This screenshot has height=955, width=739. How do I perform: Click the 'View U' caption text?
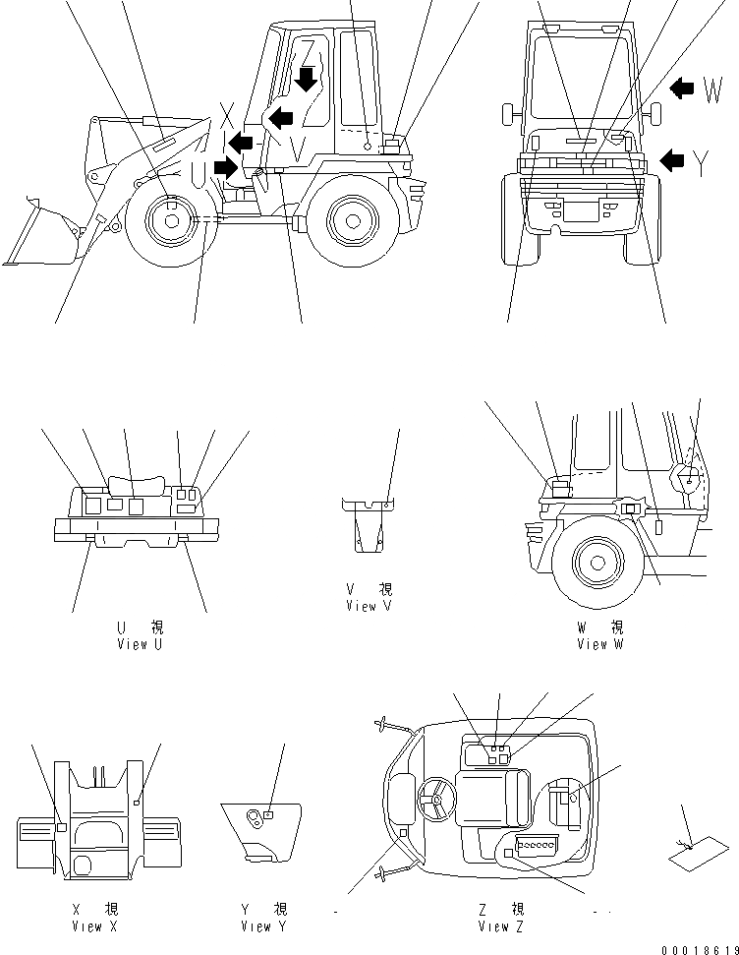(x=138, y=644)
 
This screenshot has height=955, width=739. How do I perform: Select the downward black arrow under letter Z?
(x=308, y=79)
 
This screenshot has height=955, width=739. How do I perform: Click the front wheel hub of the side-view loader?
(x=171, y=221)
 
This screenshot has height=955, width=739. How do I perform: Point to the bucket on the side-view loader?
(x=37, y=236)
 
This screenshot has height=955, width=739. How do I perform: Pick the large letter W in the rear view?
(x=714, y=92)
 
